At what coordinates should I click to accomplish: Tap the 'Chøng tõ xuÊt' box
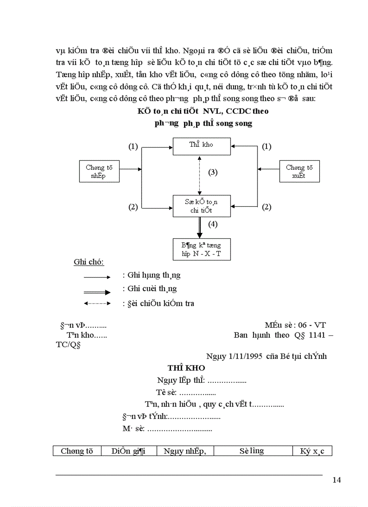point(299,172)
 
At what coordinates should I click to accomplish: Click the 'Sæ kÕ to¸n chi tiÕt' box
point(202,206)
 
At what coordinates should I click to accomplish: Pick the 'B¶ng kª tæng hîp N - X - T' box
point(202,249)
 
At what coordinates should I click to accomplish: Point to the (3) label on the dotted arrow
point(213,172)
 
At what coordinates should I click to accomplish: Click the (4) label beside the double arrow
point(213,223)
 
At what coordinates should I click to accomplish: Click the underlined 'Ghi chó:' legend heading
point(89,263)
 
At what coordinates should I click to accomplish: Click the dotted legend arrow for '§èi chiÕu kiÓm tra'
point(97,304)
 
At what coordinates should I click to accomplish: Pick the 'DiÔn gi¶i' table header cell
point(129,451)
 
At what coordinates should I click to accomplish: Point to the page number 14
point(336,479)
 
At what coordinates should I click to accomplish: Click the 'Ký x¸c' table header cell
point(313,451)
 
